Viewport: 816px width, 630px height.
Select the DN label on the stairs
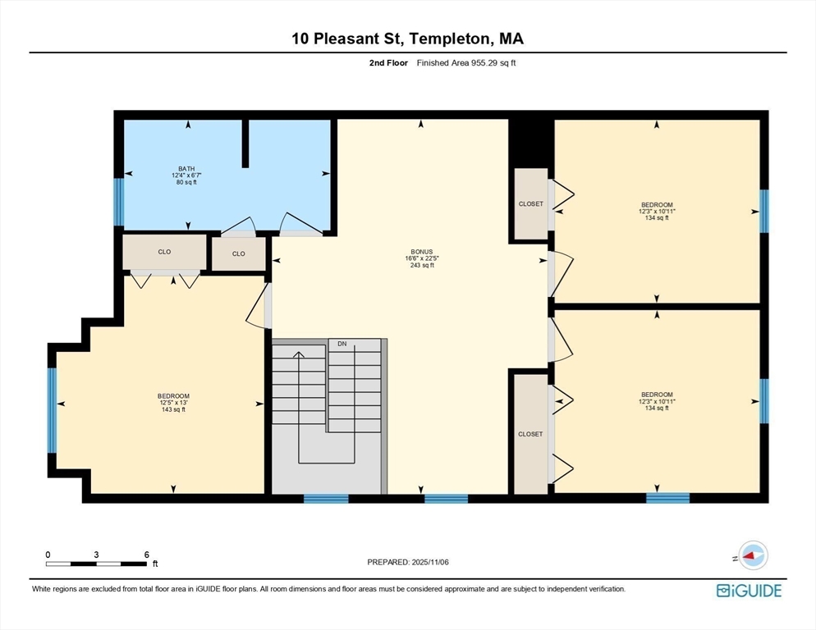pos(342,344)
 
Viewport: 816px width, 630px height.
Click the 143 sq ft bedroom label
pos(172,402)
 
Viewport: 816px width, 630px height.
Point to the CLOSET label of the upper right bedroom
pos(530,204)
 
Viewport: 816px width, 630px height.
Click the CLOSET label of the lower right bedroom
pos(530,434)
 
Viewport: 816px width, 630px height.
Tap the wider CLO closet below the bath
pos(164,253)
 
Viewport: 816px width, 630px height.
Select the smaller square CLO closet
pos(238,253)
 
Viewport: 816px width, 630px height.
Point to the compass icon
pos(751,555)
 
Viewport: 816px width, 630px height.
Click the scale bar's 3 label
pos(96,555)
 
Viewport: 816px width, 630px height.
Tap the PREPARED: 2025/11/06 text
pos(407,562)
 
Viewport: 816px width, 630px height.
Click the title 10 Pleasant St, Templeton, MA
pos(408,39)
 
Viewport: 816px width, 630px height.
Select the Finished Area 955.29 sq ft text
pos(465,63)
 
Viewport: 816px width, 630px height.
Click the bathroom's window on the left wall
pos(118,202)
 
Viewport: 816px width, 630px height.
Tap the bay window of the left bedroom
pos(52,410)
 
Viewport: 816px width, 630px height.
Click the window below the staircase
pos(326,498)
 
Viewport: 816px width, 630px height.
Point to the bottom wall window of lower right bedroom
pos(667,497)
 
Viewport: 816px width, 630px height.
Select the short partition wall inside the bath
pos(245,144)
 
